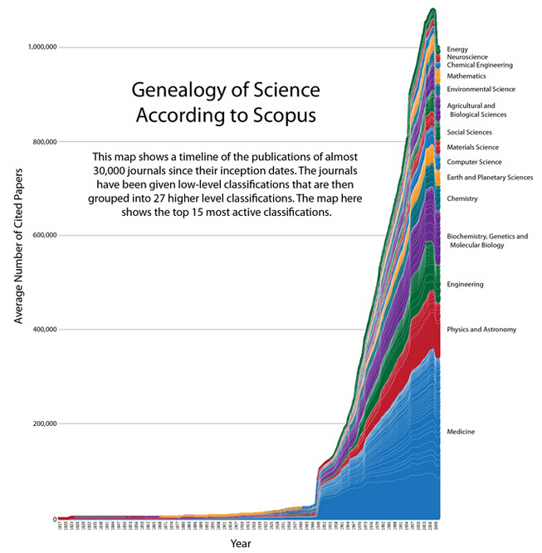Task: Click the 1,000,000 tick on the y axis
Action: coord(37,47)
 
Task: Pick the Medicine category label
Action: coord(461,432)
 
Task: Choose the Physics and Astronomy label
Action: coord(481,330)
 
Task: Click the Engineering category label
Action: coord(465,285)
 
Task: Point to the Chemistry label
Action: coord(462,199)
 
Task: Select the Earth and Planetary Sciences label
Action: coord(490,178)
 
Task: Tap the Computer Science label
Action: coord(474,162)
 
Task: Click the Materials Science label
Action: coord(473,147)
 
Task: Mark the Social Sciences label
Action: coord(469,132)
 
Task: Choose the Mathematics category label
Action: coord(466,76)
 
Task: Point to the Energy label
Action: coord(457,49)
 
